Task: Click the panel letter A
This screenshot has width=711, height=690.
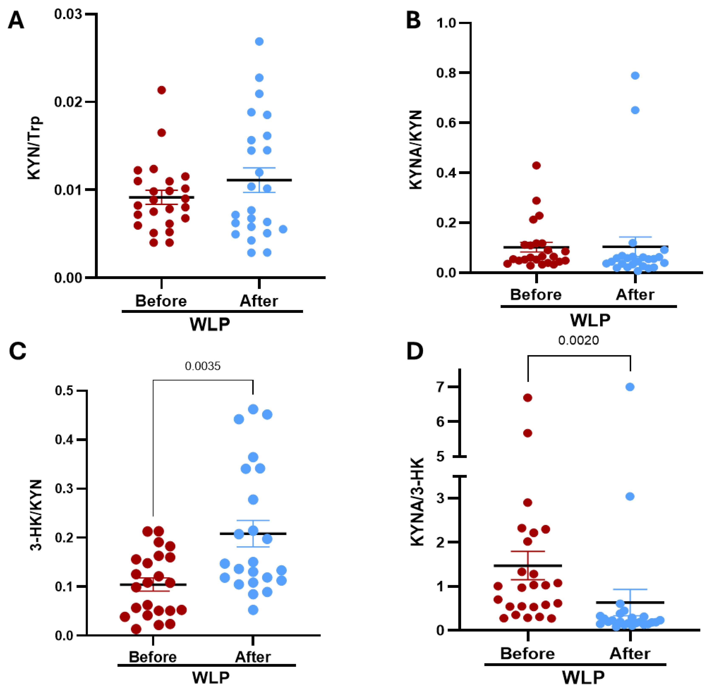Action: (x=16, y=20)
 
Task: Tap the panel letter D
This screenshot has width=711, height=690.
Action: (x=415, y=351)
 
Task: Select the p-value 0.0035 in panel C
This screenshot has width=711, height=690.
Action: (x=203, y=366)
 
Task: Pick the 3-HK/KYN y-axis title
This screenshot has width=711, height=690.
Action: (x=36, y=515)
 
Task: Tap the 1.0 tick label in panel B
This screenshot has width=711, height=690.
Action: (x=446, y=23)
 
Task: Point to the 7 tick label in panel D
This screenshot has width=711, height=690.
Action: (x=441, y=387)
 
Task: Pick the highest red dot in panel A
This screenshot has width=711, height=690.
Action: (x=161, y=90)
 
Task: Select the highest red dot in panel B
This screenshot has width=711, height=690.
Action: (x=537, y=166)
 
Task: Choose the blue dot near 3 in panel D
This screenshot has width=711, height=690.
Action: (x=630, y=496)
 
